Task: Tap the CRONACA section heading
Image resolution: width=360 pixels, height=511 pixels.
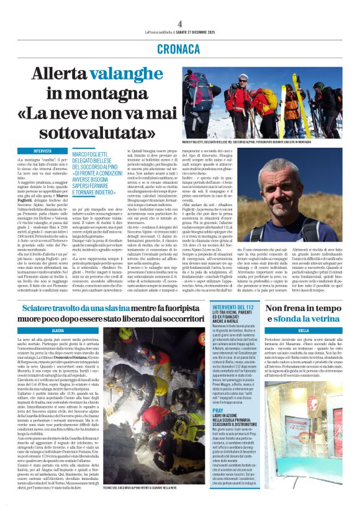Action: tap(179, 48)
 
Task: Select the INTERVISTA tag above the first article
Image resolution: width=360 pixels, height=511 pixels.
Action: tap(43, 150)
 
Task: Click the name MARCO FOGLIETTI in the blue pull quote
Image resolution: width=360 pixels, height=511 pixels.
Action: tap(95, 153)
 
